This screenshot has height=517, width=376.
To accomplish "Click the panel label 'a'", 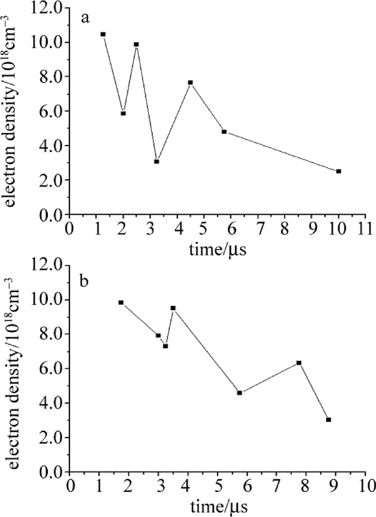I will [85, 19].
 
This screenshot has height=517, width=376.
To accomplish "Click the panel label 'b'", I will [85, 280].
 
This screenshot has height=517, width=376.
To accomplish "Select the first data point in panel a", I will [103, 34].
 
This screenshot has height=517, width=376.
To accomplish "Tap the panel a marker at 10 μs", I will [338, 171].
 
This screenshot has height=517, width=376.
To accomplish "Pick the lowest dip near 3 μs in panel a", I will [156, 161].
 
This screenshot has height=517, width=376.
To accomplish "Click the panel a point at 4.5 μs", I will [190, 82].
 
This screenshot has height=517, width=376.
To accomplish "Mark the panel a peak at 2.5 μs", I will [136, 44].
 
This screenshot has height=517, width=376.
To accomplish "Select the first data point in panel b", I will [121, 302].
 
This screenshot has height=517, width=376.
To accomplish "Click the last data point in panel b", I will [328, 420].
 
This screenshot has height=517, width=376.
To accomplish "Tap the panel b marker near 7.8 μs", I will [299, 363].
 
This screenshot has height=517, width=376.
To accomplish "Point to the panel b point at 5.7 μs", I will [239, 393].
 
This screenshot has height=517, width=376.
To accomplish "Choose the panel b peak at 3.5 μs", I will [173, 308].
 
